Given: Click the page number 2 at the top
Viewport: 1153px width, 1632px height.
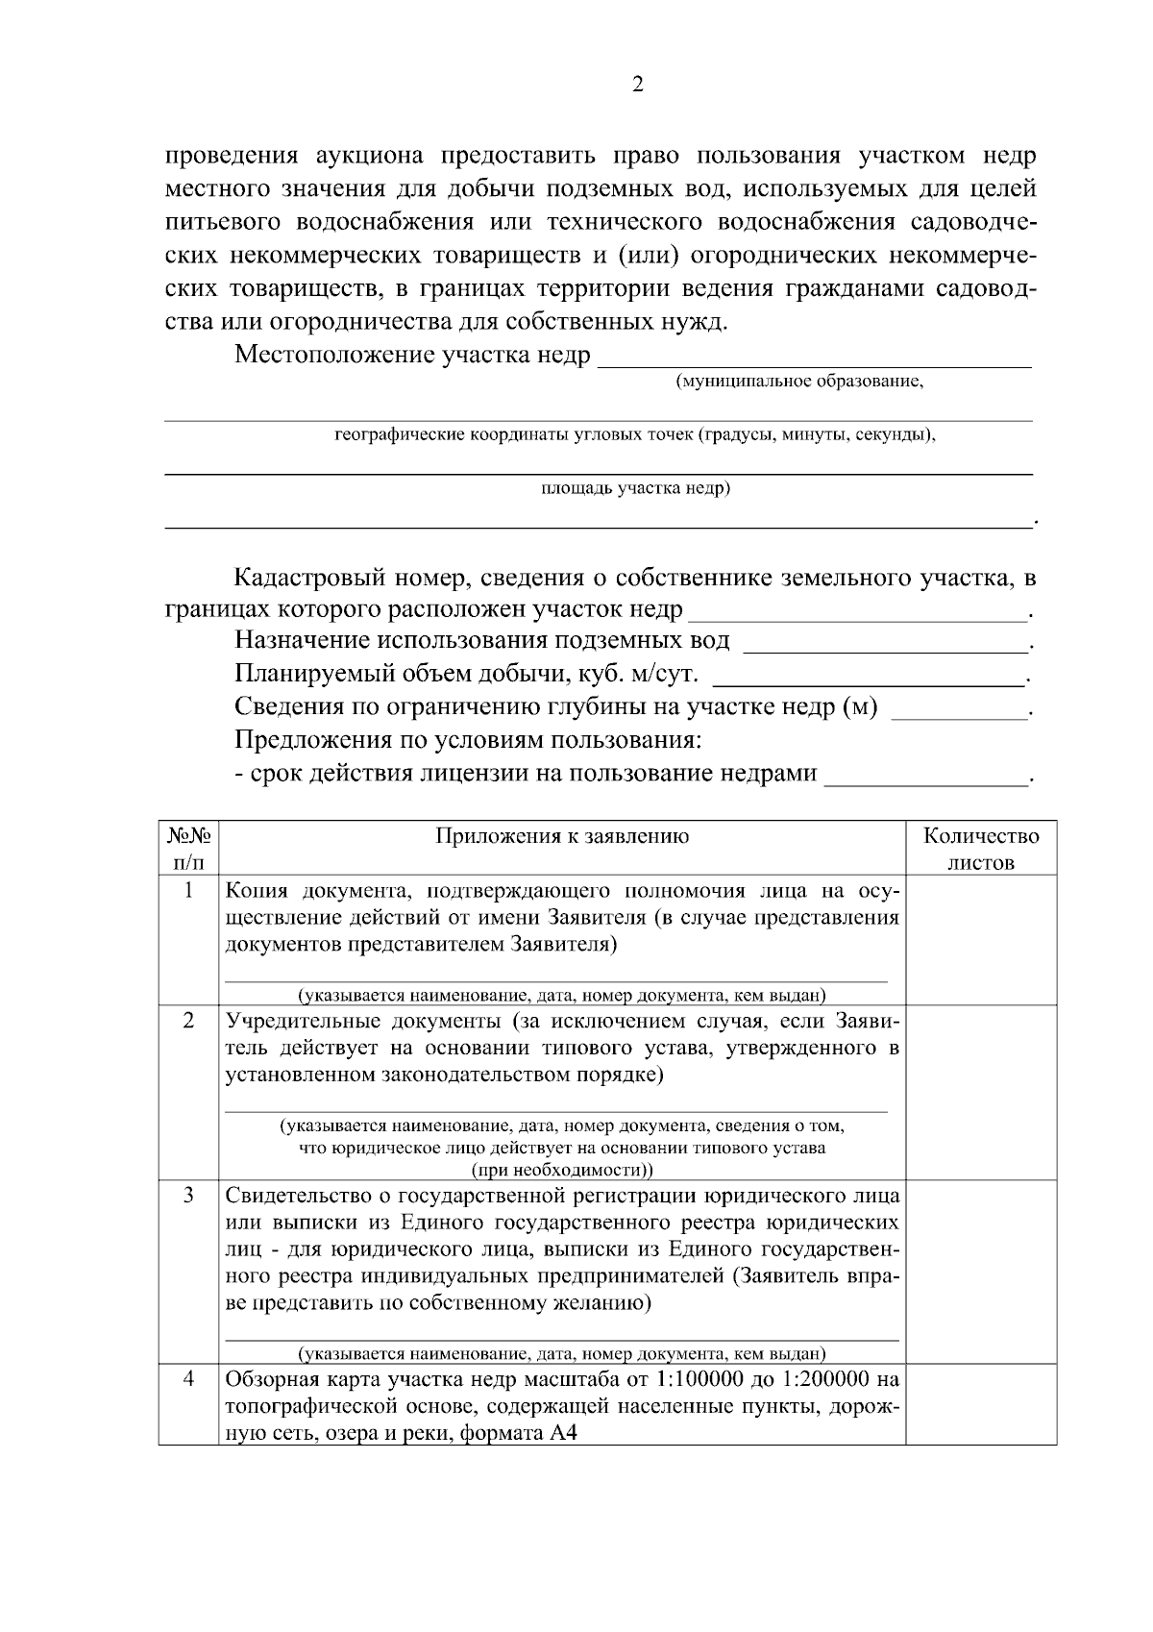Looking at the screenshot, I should tap(638, 85).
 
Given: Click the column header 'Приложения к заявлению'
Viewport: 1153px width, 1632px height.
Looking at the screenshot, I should tap(562, 835).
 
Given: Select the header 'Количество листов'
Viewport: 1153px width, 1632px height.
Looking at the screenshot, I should tap(981, 848).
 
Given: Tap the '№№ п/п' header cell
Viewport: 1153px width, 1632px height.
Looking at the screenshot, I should tap(188, 848).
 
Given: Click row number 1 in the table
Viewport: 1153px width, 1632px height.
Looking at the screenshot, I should tap(188, 890).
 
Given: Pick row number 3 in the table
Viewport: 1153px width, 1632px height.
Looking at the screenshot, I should tap(188, 1195).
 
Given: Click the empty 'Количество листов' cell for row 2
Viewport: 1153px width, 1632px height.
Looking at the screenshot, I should tap(981, 1092).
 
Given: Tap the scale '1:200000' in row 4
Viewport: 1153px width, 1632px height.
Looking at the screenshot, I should tap(824, 1379).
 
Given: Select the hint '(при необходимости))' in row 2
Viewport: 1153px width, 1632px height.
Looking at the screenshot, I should tap(561, 1170).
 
